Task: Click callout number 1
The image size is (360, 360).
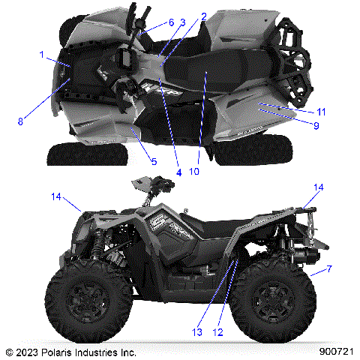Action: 42,55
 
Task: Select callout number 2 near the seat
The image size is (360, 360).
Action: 203,16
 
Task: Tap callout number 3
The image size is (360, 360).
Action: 181,23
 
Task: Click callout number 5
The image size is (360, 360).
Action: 154,160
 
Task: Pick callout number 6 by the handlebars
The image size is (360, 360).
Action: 171,23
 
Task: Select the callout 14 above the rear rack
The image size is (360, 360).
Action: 319,187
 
